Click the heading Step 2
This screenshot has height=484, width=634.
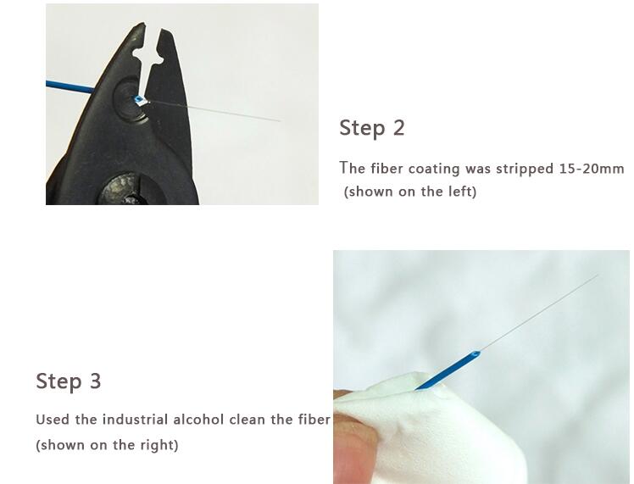(372, 128)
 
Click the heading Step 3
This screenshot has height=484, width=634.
(69, 381)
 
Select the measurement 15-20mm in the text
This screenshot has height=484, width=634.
(591, 169)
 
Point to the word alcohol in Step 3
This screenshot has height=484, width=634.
(227, 420)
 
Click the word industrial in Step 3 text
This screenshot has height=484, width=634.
(136, 420)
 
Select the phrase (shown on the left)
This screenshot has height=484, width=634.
(410, 192)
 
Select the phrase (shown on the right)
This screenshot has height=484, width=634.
(107, 445)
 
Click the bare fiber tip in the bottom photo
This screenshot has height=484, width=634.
(595, 276)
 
